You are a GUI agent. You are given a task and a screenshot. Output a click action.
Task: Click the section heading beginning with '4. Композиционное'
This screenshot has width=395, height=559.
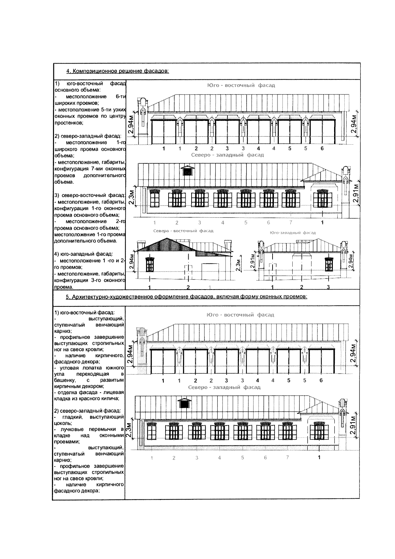click(118, 71)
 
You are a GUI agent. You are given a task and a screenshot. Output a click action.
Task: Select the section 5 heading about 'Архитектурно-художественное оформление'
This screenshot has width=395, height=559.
click(186, 297)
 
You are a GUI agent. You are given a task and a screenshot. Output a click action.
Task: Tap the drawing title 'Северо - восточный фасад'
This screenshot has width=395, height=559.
click(183, 231)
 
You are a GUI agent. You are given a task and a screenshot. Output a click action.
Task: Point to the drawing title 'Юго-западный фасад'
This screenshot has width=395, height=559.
click(292, 233)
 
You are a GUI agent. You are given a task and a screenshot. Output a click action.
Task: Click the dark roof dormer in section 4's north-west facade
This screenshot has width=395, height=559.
click(187, 170)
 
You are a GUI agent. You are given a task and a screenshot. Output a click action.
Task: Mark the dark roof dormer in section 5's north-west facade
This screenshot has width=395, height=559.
click(184, 403)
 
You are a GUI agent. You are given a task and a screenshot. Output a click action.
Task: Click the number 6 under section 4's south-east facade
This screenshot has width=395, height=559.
click(322, 149)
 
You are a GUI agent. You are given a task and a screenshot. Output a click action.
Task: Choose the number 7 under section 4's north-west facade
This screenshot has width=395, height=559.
click(291, 223)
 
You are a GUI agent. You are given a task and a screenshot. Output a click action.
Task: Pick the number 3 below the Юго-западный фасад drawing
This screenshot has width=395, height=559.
click(328, 287)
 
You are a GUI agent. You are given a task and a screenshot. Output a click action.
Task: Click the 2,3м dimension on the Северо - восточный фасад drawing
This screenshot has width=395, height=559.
click(239, 264)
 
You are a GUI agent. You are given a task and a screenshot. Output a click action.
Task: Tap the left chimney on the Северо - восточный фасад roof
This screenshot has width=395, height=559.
click(141, 245)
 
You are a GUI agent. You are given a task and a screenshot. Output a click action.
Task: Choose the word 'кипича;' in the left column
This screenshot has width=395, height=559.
click(111, 399)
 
